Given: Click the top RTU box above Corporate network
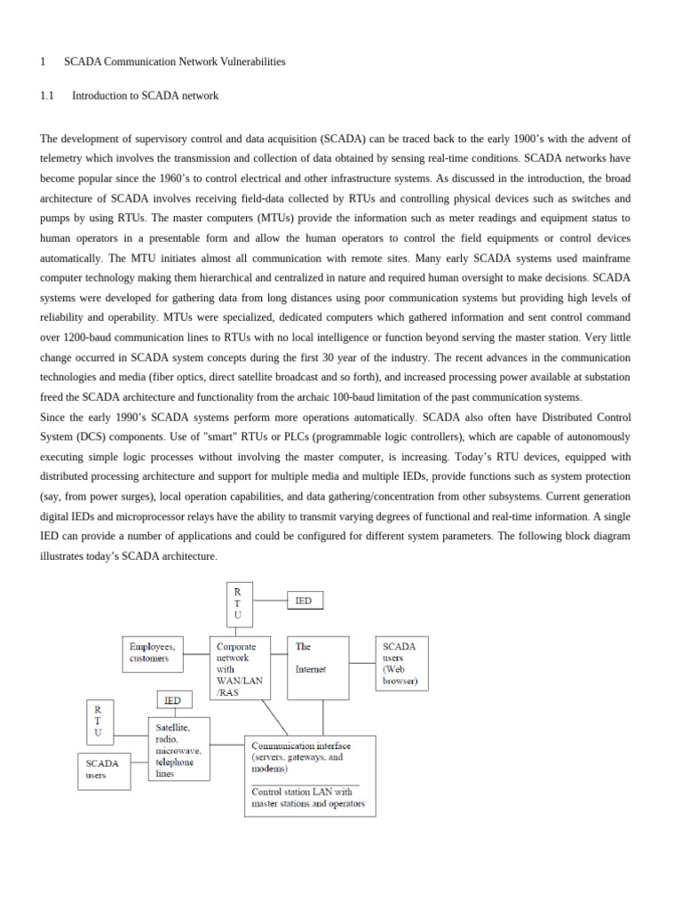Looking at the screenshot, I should point(237,603).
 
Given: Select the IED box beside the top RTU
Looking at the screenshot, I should point(305,601).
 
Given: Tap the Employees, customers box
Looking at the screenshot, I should point(153,653).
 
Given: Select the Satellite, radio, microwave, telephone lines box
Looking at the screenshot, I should point(179,749).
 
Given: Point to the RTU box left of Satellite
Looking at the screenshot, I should point(99,722).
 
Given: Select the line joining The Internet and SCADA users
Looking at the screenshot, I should point(362,663).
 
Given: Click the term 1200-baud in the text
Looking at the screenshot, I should point(93,337).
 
